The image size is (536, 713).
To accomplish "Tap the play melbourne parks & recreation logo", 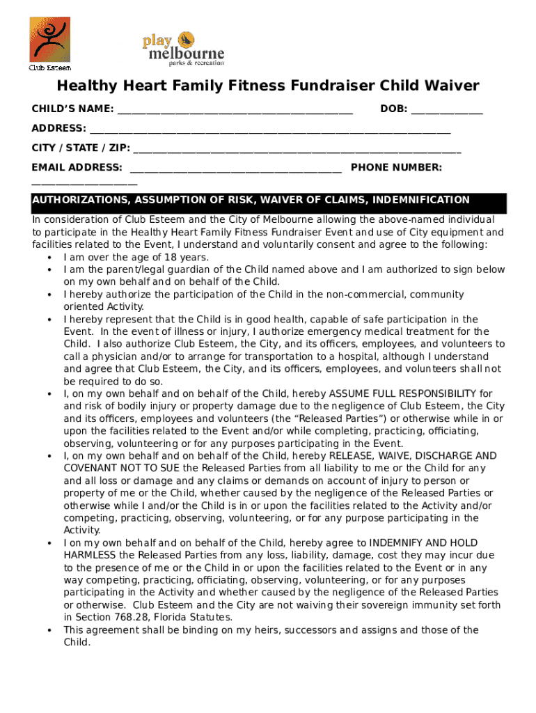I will (x=183, y=49).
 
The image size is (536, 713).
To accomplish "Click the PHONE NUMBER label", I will (x=396, y=168).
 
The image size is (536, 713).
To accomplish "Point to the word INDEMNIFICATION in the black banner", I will (x=421, y=201).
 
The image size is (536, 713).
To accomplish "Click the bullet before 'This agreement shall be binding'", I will (x=49, y=630).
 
